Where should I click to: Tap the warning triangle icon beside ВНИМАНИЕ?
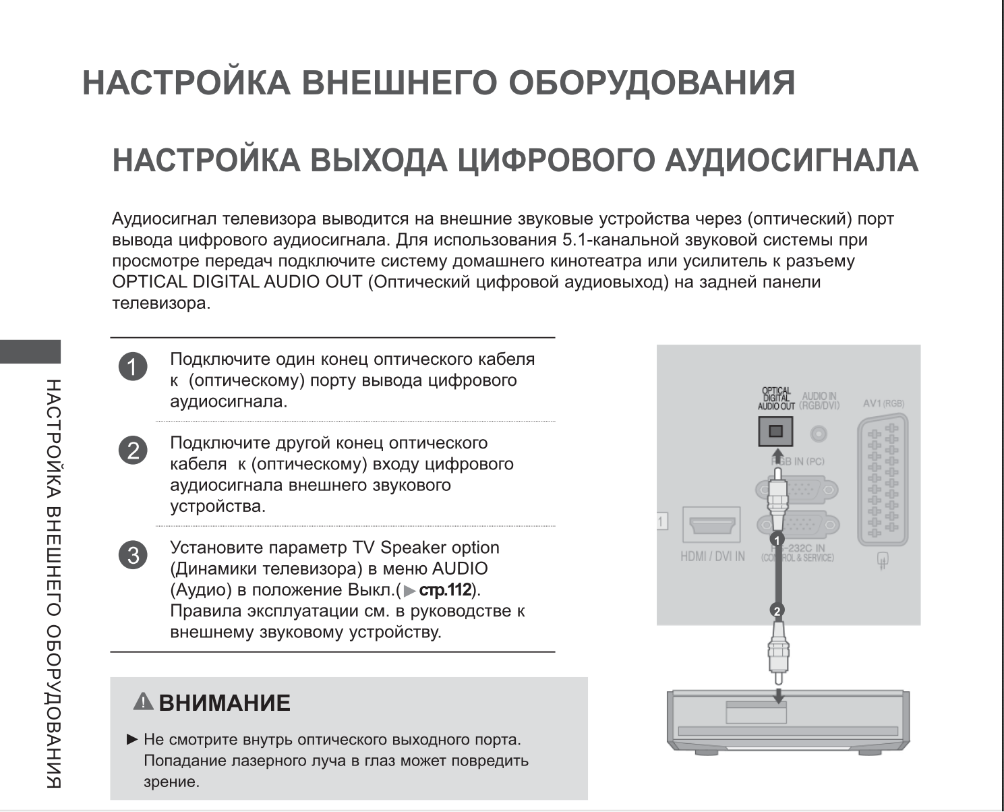[144, 702]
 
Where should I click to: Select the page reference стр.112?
[444, 590]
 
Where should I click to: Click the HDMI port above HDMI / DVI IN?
[711, 524]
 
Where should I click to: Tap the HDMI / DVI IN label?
[713, 556]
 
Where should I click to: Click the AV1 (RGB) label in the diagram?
[883, 403]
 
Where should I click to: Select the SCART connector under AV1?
[883, 480]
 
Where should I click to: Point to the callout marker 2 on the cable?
[777, 610]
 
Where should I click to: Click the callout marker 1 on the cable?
[777, 540]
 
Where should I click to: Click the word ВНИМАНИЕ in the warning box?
[225, 703]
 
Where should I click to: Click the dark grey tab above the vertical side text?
[30, 351]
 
